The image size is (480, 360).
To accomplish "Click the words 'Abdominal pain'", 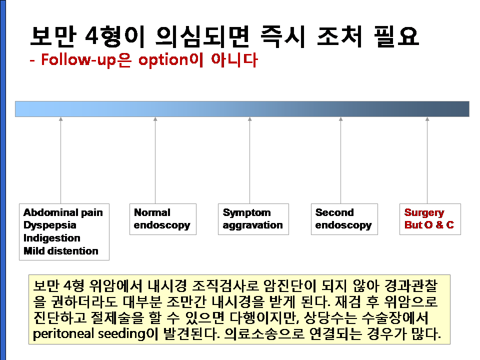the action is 63,212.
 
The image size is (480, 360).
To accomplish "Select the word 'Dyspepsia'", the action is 50,225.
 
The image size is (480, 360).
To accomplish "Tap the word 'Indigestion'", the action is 52,238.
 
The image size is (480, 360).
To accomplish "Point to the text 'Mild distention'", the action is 61,250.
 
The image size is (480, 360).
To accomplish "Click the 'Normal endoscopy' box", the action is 163,219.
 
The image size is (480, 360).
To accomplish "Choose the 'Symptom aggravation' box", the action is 253,219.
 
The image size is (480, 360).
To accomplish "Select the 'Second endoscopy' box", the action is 344,219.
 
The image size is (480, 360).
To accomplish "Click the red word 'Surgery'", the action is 424,213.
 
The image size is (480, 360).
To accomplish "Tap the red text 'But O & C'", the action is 429,225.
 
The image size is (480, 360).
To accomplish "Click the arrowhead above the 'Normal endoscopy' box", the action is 155,119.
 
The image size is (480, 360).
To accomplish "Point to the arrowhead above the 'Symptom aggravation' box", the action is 250,119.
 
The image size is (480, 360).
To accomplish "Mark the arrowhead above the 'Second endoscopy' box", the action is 340,119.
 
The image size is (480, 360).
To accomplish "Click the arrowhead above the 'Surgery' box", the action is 427,119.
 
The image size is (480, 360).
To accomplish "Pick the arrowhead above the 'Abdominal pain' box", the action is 61,119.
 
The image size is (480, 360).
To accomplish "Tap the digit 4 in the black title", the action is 91,36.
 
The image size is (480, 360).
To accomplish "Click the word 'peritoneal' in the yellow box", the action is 63,333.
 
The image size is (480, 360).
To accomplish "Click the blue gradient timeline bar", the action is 242,109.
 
